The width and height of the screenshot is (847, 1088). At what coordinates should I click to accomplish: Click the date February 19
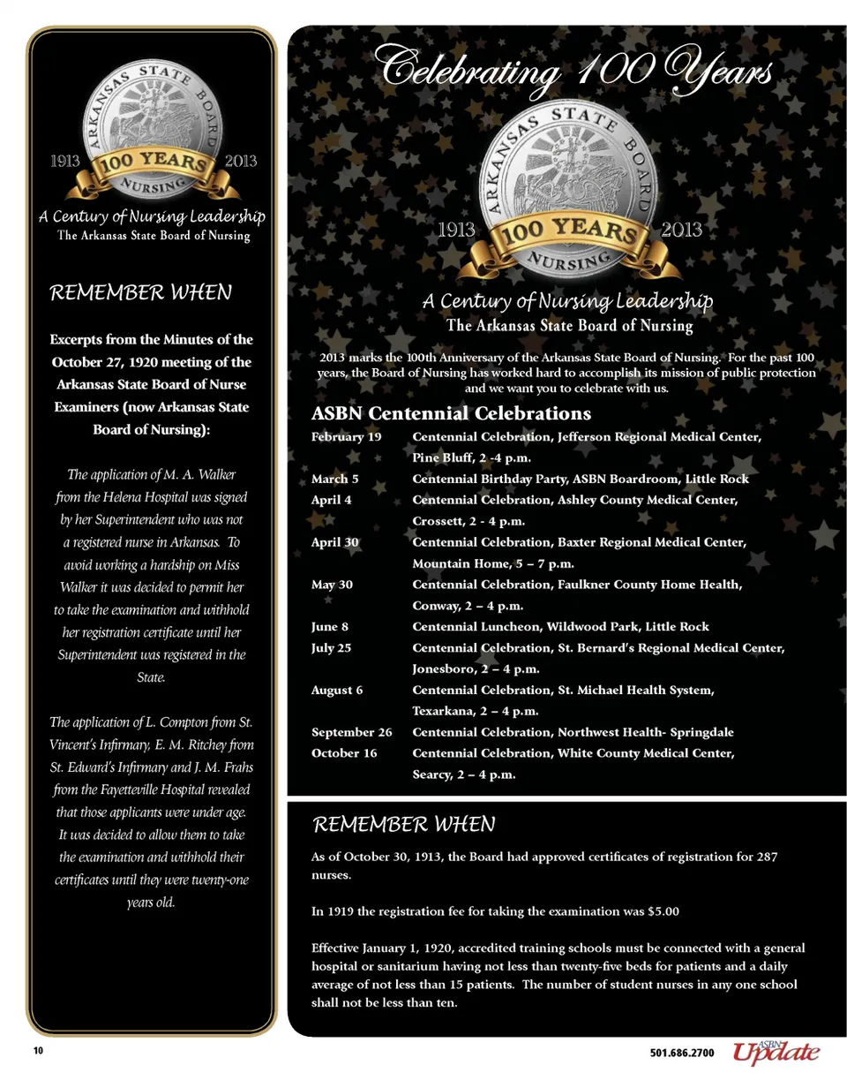[347, 437]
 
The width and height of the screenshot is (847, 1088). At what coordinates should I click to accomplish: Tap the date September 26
[352, 732]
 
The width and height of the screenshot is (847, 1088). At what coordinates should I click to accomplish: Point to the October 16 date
[344, 753]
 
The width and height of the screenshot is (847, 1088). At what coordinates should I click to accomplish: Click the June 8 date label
[331, 627]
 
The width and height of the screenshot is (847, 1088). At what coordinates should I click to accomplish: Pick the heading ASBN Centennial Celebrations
[451, 413]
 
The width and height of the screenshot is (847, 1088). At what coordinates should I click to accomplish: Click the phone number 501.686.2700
[682, 1054]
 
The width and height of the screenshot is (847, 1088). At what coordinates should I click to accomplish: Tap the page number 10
[38, 1051]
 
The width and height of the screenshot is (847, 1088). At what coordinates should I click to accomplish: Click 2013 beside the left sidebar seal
[241, 161]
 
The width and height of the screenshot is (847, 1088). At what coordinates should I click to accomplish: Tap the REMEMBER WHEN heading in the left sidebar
[140, 292]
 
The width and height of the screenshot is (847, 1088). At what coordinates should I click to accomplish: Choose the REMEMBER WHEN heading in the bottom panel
[404, 825]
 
